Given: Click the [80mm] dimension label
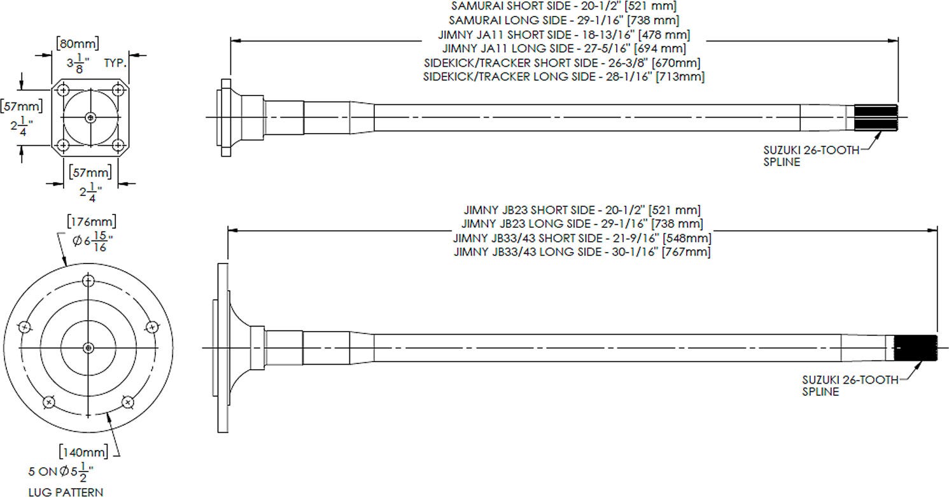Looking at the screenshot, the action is [78, 43].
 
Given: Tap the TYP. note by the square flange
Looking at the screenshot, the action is [115, 63].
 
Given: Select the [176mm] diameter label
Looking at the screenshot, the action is [92, 221].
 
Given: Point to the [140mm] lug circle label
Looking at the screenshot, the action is [83, 452].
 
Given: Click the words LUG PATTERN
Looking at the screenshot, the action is [66, 492].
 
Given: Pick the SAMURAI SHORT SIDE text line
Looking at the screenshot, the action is [563, 6].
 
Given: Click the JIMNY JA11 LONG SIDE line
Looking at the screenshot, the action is [564, 48].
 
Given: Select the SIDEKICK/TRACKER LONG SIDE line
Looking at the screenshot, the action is [564, 77].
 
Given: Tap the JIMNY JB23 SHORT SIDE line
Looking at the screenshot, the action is [582, 210].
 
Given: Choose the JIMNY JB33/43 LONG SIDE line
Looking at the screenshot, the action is [582, 252].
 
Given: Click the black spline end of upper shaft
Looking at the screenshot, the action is [876, 117].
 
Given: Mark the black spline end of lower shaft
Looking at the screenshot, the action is [915, 348].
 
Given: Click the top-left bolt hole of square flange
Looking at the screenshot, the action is [64, 90].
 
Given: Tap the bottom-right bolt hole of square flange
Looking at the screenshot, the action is [118, 145].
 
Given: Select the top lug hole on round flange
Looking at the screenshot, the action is [88, 281].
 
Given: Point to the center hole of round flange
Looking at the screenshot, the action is [88, 348].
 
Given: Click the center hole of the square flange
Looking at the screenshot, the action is [90, 117].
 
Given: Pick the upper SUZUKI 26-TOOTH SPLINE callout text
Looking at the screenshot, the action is [812, 156].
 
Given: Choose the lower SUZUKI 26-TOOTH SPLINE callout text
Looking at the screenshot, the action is [850, 386].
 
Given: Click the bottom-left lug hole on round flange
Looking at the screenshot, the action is [49, 402].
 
